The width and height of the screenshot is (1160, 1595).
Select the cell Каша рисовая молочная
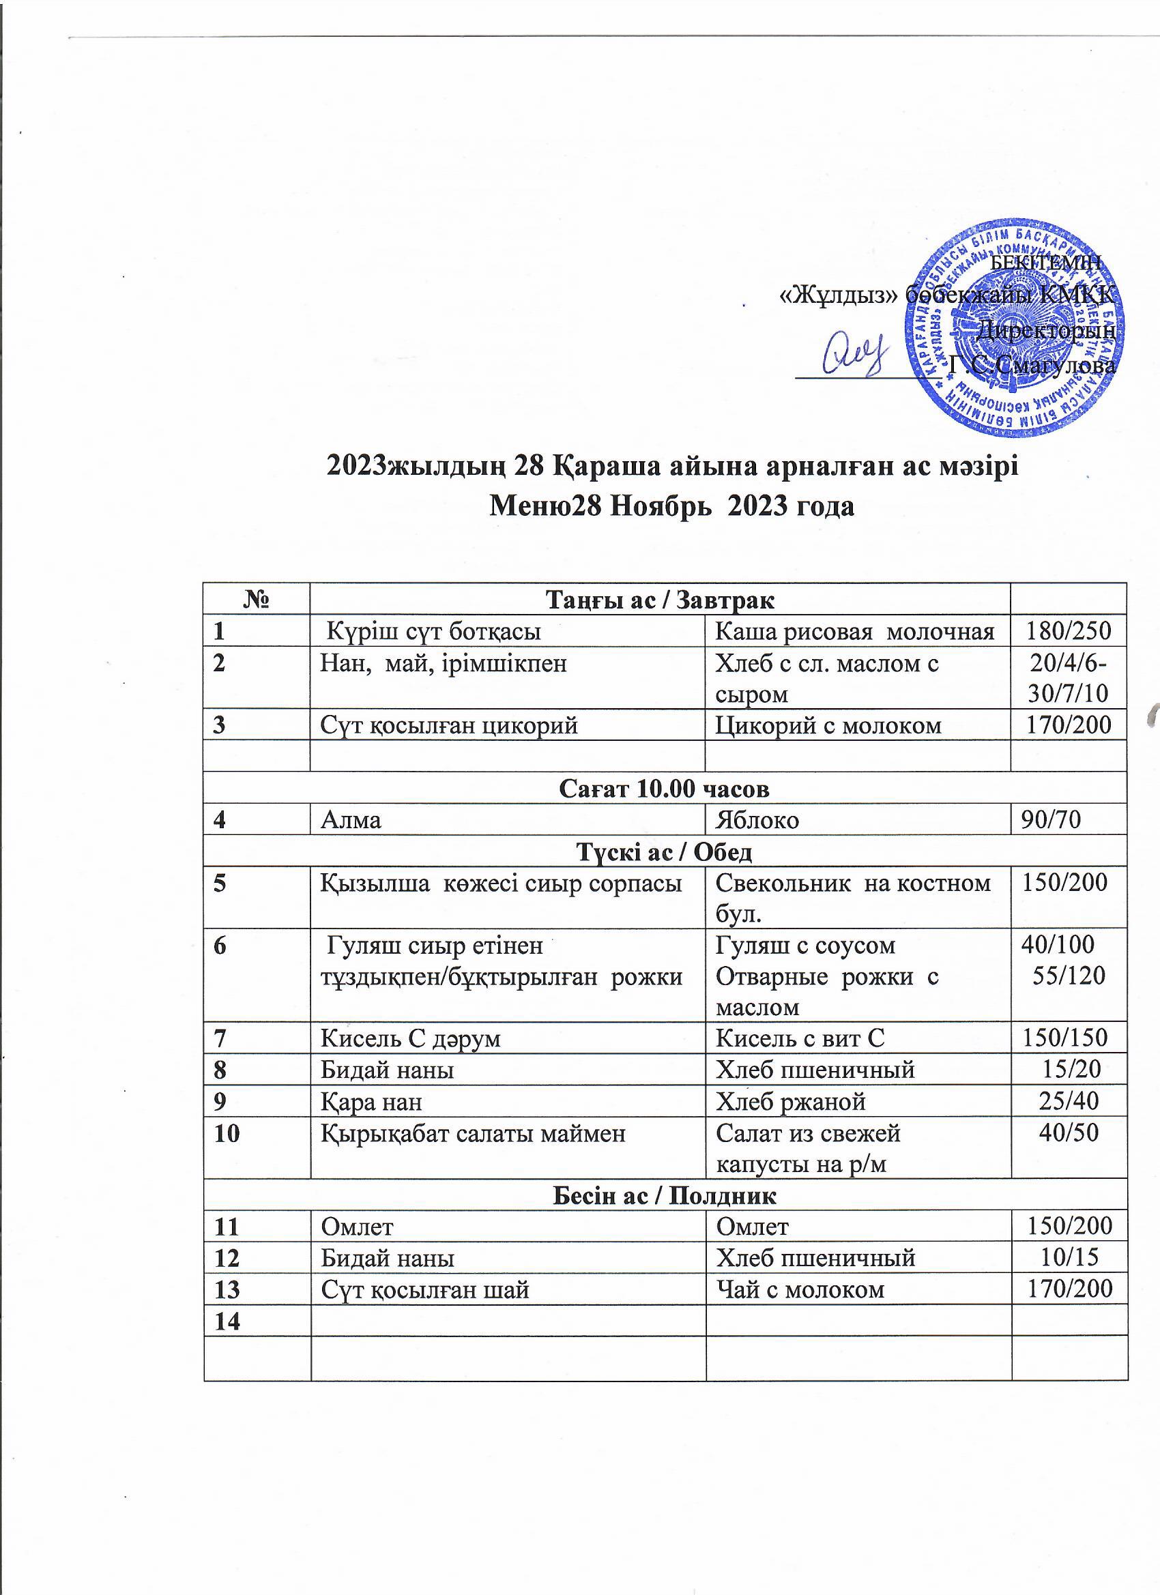tap(854, 632)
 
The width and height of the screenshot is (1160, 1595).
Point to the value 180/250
tap(1068, 632)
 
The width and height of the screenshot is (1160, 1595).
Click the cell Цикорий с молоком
tap(827, 725)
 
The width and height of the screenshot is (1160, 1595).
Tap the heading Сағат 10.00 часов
tap(664, 789)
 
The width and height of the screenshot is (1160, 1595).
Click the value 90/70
tap(1045, 820)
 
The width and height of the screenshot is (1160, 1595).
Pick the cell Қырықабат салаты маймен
tap(473, 1133)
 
